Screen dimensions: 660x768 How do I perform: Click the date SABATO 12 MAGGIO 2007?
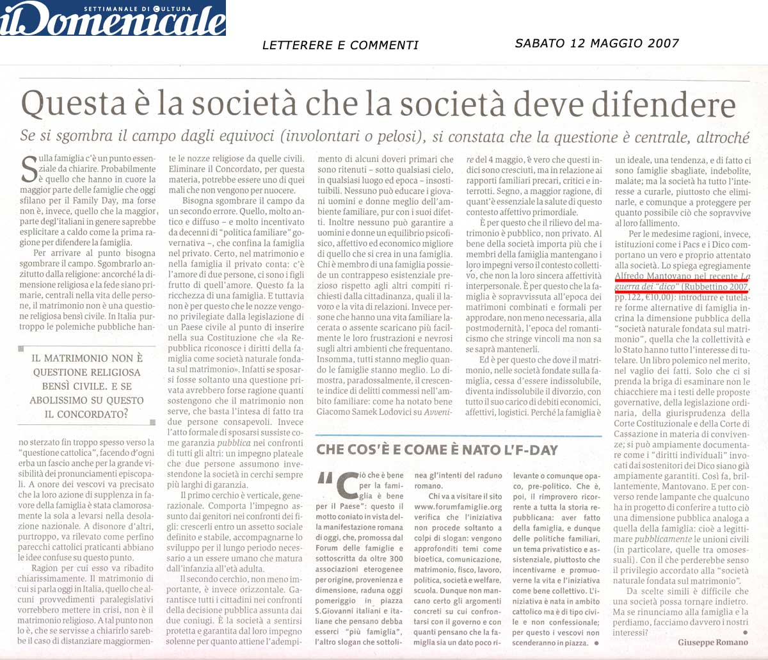pyautogui.click(x=596, y=44)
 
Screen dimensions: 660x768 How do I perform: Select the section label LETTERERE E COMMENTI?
pyautogui.click(x=340, y=45)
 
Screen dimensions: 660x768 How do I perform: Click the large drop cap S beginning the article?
pyautogui.click(x=29, y=168)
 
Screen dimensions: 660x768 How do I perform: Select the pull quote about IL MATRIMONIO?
pyautogui.click(x=88, y=386)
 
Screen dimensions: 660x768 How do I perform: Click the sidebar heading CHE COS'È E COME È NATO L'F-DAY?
pyautogui.click(x=437, y=450)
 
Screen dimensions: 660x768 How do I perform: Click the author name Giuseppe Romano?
pyautogui.click(x=712, y=642)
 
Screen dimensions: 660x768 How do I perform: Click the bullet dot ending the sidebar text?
pyautogui.click(x=596, y=642)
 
